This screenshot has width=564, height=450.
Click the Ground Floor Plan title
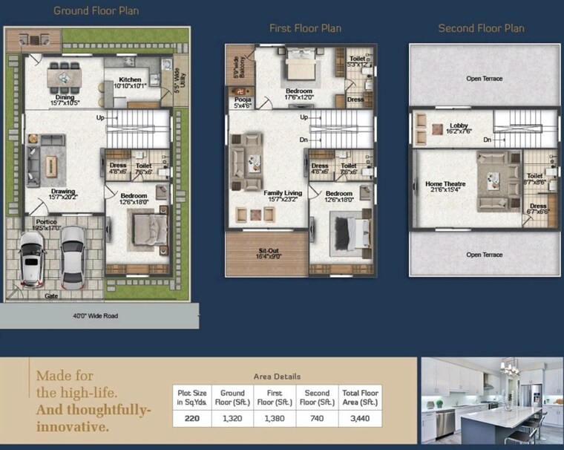tap(96, 11)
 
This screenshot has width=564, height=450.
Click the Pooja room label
tap(243, 100)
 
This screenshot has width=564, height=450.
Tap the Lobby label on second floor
tap(458, 126)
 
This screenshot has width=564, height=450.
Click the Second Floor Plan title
tap(481, 28)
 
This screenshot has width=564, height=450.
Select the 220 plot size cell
tap(191, 419)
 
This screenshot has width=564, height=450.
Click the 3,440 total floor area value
tap(360, 419)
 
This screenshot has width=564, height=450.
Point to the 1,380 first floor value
tap(274, 419)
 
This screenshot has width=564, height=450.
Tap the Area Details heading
tap(277, 376)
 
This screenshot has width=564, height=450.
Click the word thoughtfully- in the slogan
tap(94, 410)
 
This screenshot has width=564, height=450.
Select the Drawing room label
tap(63, 192)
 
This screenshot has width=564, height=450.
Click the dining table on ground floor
tap(65, 76)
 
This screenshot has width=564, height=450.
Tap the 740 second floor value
tap(317, 419)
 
